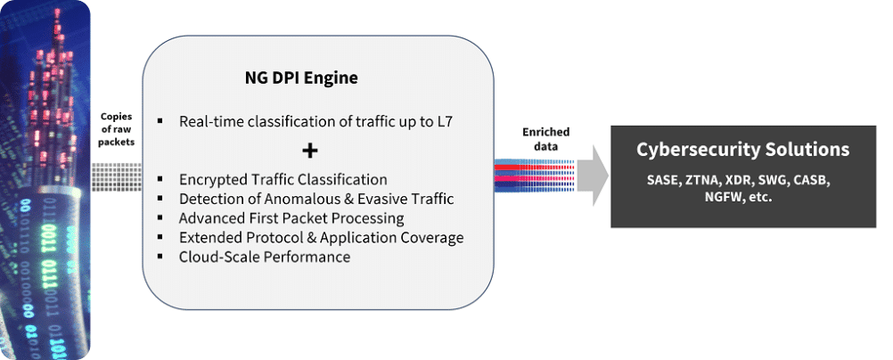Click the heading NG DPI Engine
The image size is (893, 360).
(x=301, y=78)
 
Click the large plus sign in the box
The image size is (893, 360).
(x=310, y=150)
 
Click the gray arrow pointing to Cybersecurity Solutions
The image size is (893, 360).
(x=591, y=176)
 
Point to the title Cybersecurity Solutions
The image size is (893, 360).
(x=741, y=149)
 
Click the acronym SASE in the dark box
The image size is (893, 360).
(x=664, y=180)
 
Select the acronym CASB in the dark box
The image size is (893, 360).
(x=810, y=180)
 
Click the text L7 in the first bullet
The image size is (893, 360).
(x=445, y=120)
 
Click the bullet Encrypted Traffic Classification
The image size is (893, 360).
(x=283, y=179)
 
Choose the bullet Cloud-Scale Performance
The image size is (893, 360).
(x=264, y=257)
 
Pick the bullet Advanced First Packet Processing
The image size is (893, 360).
(x=291, y=218)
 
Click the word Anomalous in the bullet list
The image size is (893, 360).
(x=286, y=199)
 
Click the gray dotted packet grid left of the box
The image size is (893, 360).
(x=117, y=176)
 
